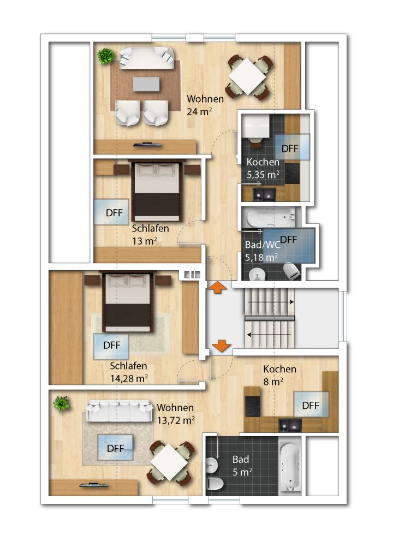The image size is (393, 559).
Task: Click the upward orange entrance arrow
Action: [x=218, y=287]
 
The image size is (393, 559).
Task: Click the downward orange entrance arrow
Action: [x=222, y=346]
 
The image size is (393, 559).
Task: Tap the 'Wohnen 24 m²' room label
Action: [x=205, y=105]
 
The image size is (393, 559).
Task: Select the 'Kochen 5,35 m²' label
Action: [x=263, y=168]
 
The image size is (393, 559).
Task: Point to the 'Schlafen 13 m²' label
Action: [x=150, y=235]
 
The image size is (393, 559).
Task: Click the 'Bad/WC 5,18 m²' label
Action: [x=263, y=251]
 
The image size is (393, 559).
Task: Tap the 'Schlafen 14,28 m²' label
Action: [x=129, y=372]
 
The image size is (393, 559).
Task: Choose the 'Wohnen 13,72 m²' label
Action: [x=176, y=414]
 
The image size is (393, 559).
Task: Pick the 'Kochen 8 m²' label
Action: [x=279, y=375]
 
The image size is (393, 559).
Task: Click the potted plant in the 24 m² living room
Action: [x=106, y=56]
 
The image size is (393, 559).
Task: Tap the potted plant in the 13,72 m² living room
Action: [x=62, y=404]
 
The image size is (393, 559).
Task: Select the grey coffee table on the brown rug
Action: [x=146, y=84]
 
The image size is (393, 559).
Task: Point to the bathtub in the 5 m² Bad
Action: [x=290, y=467]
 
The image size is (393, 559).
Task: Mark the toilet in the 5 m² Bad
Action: [x=215, y=484]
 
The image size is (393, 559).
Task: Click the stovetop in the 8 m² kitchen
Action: [x=253, y=406]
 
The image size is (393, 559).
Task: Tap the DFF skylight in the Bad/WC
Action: [x=289, y=246]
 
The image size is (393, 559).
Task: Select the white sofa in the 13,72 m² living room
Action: [x=119, y=411]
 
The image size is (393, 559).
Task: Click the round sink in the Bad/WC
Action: [x=257, y=275]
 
